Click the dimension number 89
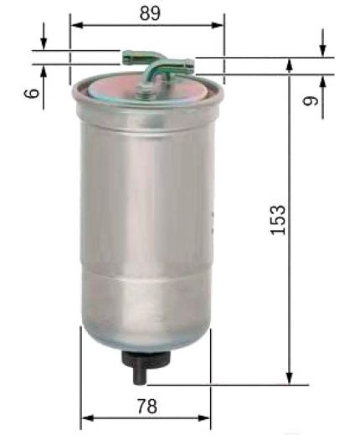tap(150, 13)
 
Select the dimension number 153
tap(278, 220)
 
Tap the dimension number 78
tap(147, 406)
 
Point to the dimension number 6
tap(31, 93)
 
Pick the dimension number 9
tap(311, 100)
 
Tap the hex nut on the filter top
tap(145, 91)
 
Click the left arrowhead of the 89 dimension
tap(78, 25)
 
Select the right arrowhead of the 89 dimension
tap(217, 25)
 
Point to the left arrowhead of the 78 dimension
tap(88, 418)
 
